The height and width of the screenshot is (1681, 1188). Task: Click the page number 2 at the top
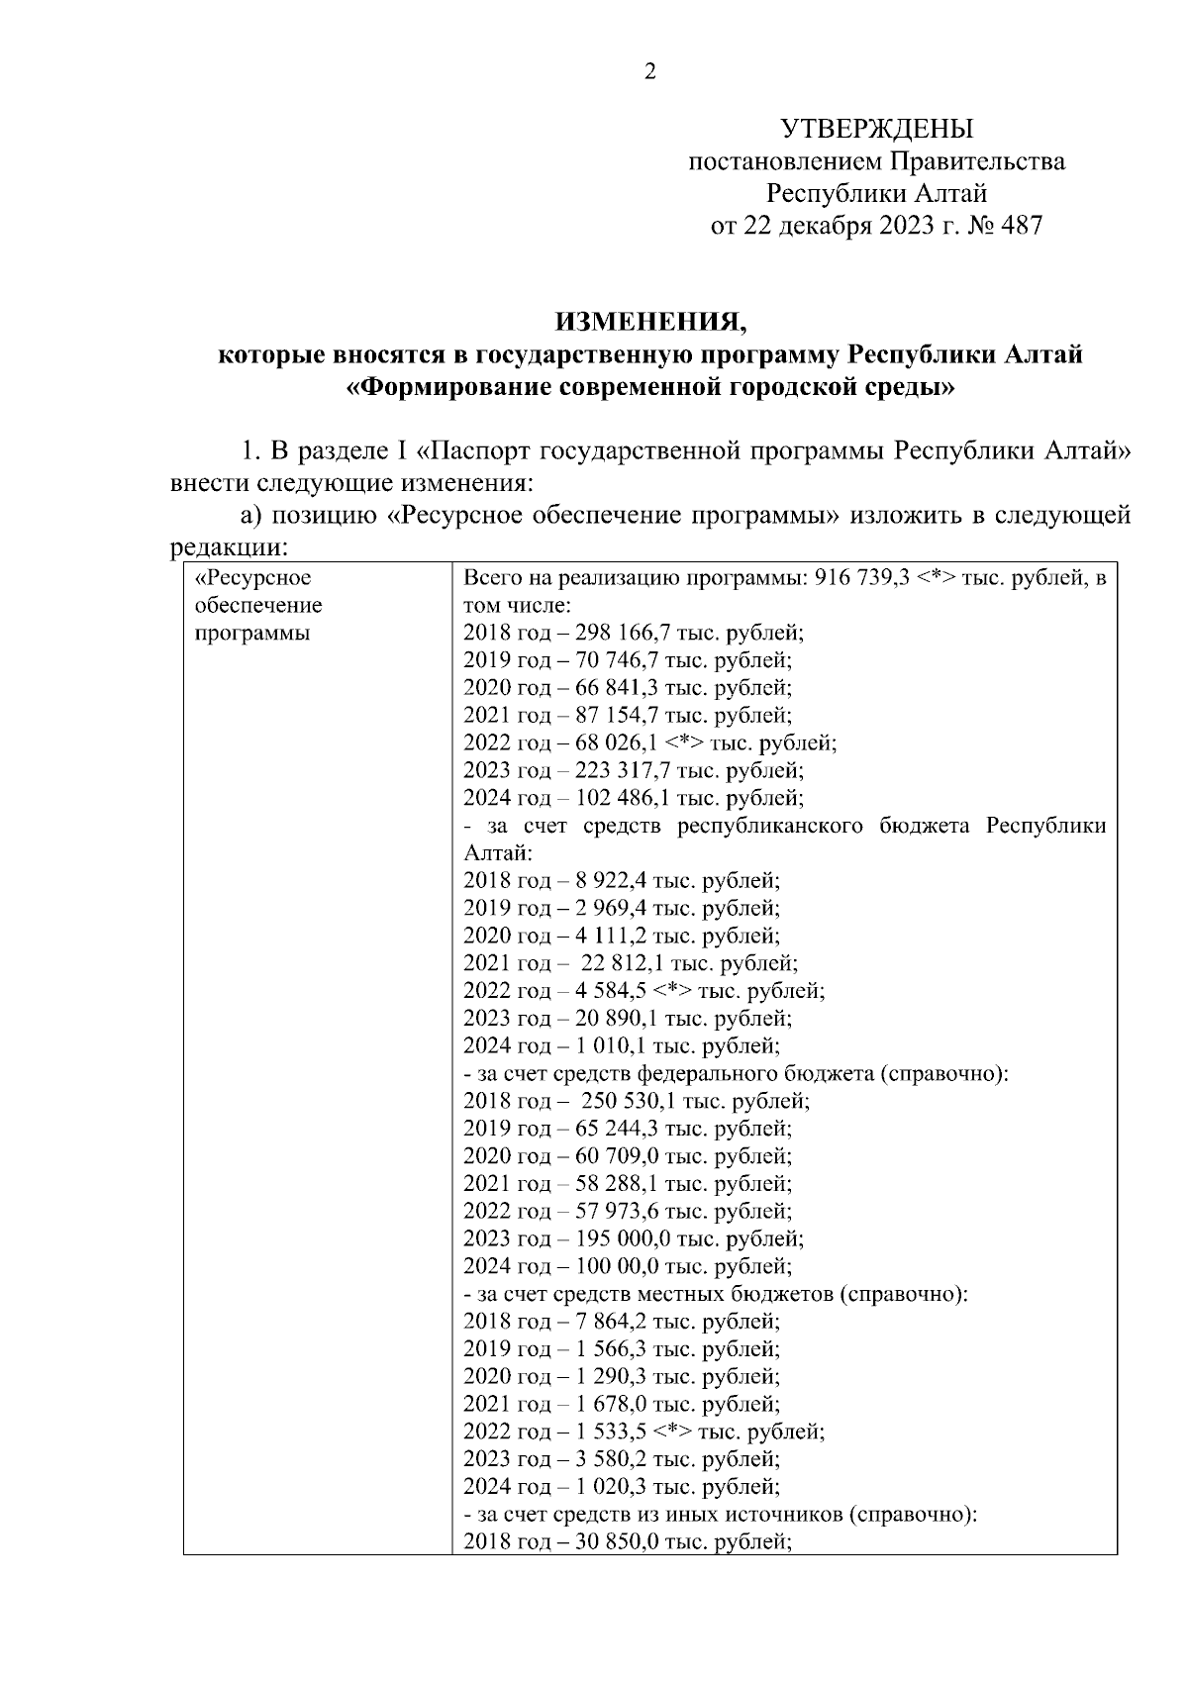pyautogui.click(x=650, y=71)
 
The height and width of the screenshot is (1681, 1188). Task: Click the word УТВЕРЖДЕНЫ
pyautogui.click(x=877, y=130)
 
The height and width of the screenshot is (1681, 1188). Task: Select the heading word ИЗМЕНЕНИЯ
pyautogui.click(x=650, y=322)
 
